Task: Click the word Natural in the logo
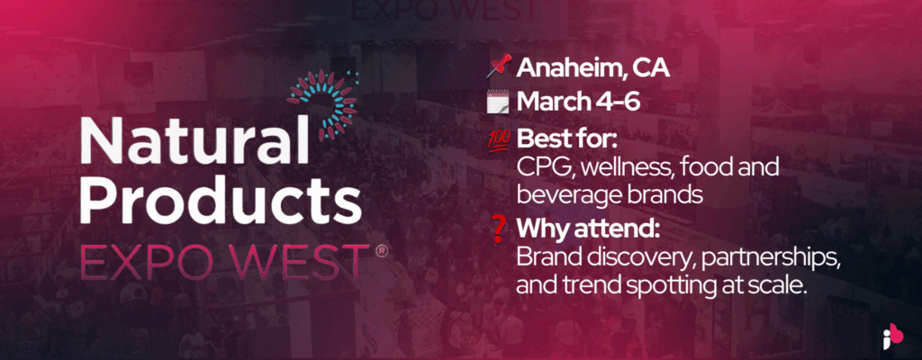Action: pos(194,140)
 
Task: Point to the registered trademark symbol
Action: pos(382,250)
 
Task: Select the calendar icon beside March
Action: pos(500,103)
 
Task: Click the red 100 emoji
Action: pos(500,139)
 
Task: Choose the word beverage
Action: pos(565,194)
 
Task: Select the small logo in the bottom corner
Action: pos(891,336)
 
